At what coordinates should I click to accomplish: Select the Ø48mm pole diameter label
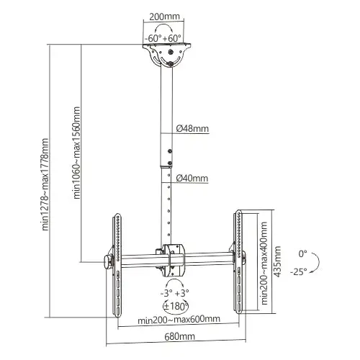[x=192, y=130]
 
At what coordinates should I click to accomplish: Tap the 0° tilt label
[x=302, y=253]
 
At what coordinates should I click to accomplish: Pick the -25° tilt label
[x=300, y=271]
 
